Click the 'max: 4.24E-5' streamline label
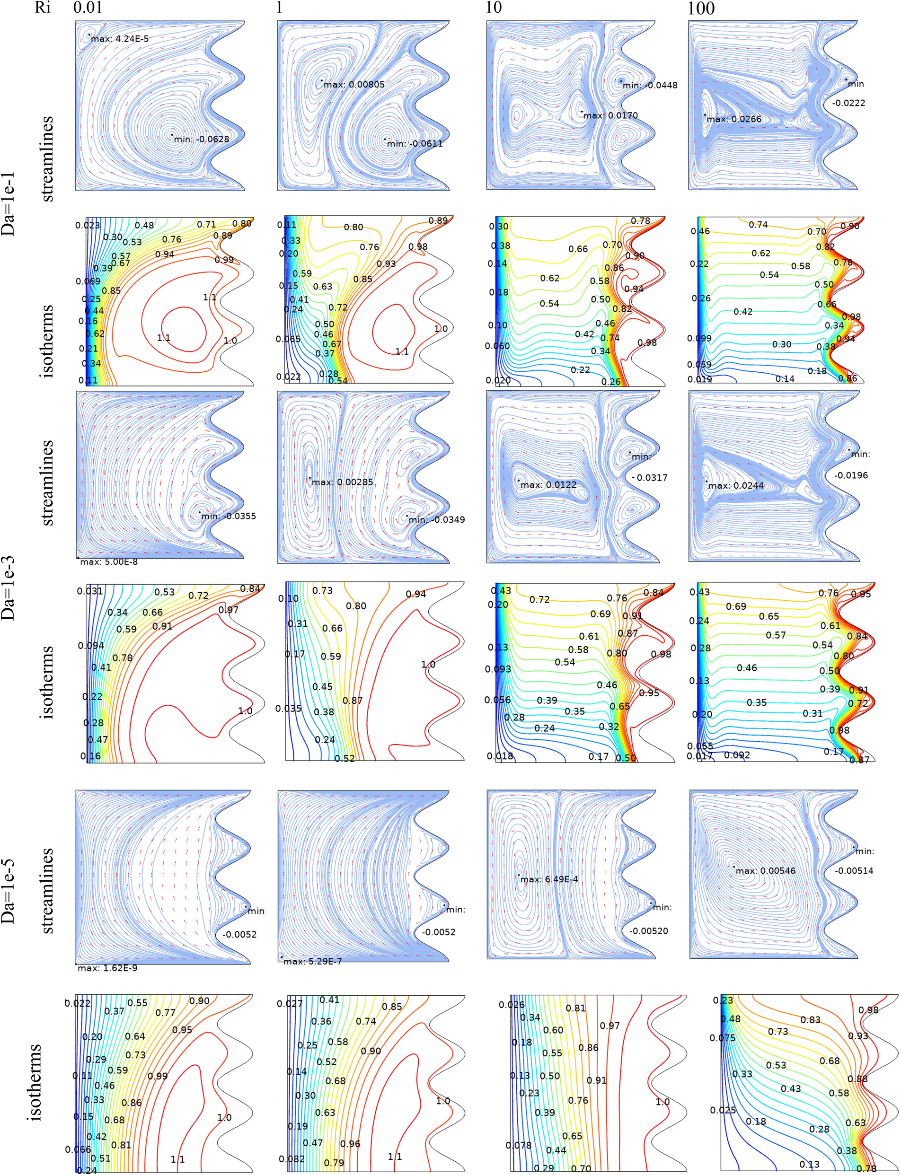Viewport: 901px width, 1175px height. click(x=120, y=39)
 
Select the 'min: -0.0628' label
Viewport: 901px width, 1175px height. click(x=201, y=139)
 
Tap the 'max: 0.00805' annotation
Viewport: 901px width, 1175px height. click(x=354, y=84)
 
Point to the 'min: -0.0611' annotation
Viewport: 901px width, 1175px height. click(x=415, y=143)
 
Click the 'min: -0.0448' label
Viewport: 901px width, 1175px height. click(x=649, y=85)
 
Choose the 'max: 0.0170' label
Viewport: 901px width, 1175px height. click(x=610, y=115)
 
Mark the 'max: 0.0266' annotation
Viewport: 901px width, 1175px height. click(x=733, y=119)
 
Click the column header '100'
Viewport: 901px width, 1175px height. click(x=701, y=8)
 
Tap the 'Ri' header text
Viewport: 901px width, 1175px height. click(x=43, y=8)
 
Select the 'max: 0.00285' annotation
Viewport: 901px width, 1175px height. click(x=342, y=482)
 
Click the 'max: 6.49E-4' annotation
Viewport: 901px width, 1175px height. click(x=548, y=879)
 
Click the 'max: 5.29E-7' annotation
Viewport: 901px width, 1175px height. click(x=312, y=961)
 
